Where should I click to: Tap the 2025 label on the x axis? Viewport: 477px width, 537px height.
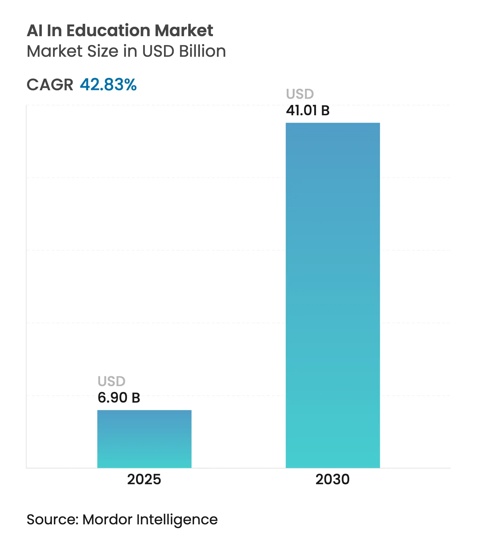144,479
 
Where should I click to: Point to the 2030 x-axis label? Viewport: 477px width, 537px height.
332,479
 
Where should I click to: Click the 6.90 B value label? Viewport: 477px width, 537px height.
119,398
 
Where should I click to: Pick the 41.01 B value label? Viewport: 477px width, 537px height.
308,111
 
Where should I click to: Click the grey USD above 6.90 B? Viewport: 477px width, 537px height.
112,381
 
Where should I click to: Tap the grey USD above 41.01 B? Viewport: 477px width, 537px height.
300,94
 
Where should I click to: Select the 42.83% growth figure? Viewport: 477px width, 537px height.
108,85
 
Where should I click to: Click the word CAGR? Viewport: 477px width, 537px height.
50,85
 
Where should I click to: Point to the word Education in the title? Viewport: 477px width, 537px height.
109,30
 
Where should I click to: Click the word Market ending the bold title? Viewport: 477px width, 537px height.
184,30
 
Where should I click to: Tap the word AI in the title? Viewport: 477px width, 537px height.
34,30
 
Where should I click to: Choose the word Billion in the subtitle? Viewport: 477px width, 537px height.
203,51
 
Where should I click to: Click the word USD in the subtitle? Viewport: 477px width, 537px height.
158,51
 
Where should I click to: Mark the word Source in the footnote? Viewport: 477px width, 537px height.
52,520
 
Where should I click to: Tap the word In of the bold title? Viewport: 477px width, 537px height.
54,30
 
